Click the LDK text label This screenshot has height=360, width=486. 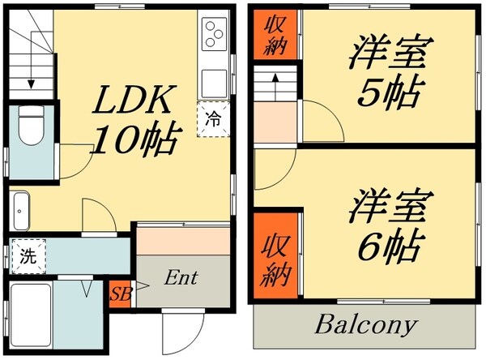coord(134,99)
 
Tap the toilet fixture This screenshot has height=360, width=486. coord(31,125)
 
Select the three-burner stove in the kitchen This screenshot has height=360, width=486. coord(214,34)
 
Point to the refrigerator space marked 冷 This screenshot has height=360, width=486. coord(214,119)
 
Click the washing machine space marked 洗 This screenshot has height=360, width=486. coord(28,256)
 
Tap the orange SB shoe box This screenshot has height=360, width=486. coord(121,294)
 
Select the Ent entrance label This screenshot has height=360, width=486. coord(181,278)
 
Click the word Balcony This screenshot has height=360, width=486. coord(366,324)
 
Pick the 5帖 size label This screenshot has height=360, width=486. coord(389,92)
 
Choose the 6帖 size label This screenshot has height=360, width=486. coord(389,245)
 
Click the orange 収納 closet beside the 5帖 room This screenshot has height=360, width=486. coord(275,34)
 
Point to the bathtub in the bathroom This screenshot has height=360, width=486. coord(31,315)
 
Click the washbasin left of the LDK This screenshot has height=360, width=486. coord(21,211)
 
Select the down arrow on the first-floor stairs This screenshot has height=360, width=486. coord(31,71)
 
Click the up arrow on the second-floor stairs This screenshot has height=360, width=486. coord(275,88)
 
